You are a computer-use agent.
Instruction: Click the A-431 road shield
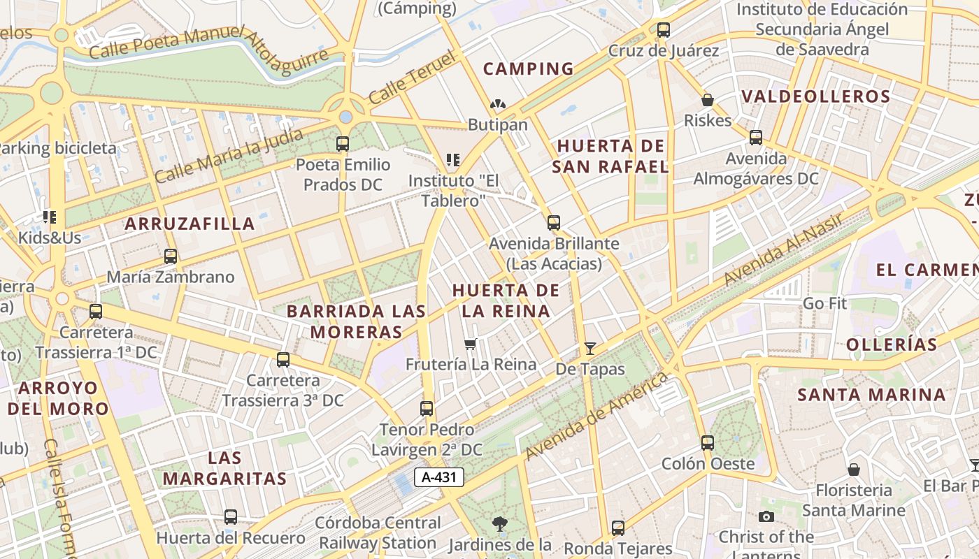tap(439, 477)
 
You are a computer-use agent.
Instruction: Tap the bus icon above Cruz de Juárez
tap(663, 30)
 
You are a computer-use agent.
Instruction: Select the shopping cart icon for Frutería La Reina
tap(471, 343)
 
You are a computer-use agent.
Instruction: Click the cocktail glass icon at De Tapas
tap(590, 348)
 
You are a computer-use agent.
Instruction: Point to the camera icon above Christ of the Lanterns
tap(766, 516)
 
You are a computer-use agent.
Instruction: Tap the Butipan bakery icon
tap(497, 105)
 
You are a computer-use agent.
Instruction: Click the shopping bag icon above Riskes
tap(708, 100)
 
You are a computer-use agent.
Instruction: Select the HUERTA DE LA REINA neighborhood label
tap(506, 300)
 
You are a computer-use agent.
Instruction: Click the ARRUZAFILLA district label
tap(190, 224)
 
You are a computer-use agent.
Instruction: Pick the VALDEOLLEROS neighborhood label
tap(815, 96)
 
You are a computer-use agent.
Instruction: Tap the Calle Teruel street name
tap(413, 77)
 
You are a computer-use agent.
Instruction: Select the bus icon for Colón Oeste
tap(708, 442)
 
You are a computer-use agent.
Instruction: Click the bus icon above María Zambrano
tap(170, 256)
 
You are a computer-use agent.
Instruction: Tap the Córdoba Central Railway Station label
tap(378, 532)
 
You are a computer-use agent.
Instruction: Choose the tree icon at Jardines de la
tap(499, 523)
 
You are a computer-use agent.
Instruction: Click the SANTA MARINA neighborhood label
tap(871, 395)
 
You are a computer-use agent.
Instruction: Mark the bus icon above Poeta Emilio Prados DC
tap(343, 144)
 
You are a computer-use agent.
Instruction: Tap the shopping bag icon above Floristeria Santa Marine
tap(853, 469)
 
